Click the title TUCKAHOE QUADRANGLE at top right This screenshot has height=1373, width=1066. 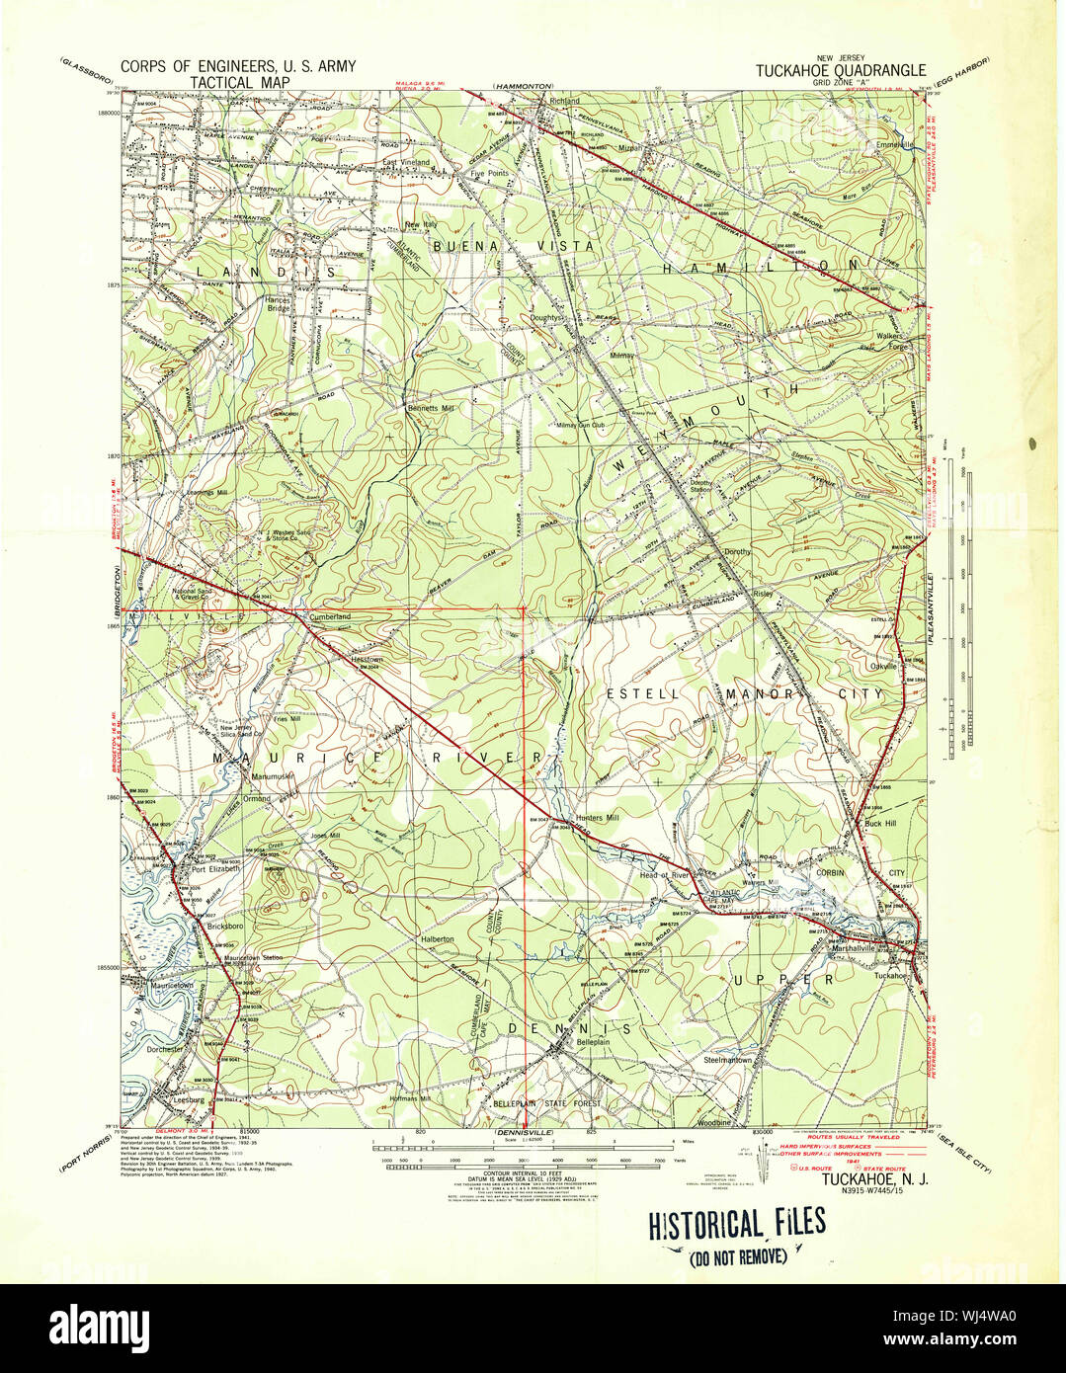click(x=841, y=70)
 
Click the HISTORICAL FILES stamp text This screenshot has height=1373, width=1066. click(x=736, y=1225)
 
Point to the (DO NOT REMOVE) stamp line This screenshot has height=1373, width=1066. click(x=738, y=1256)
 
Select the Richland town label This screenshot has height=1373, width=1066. click(x=565, y=102)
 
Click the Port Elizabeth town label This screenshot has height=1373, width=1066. click(x=215, y=869)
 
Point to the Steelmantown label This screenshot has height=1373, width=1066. click(x=728, y=1060)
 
